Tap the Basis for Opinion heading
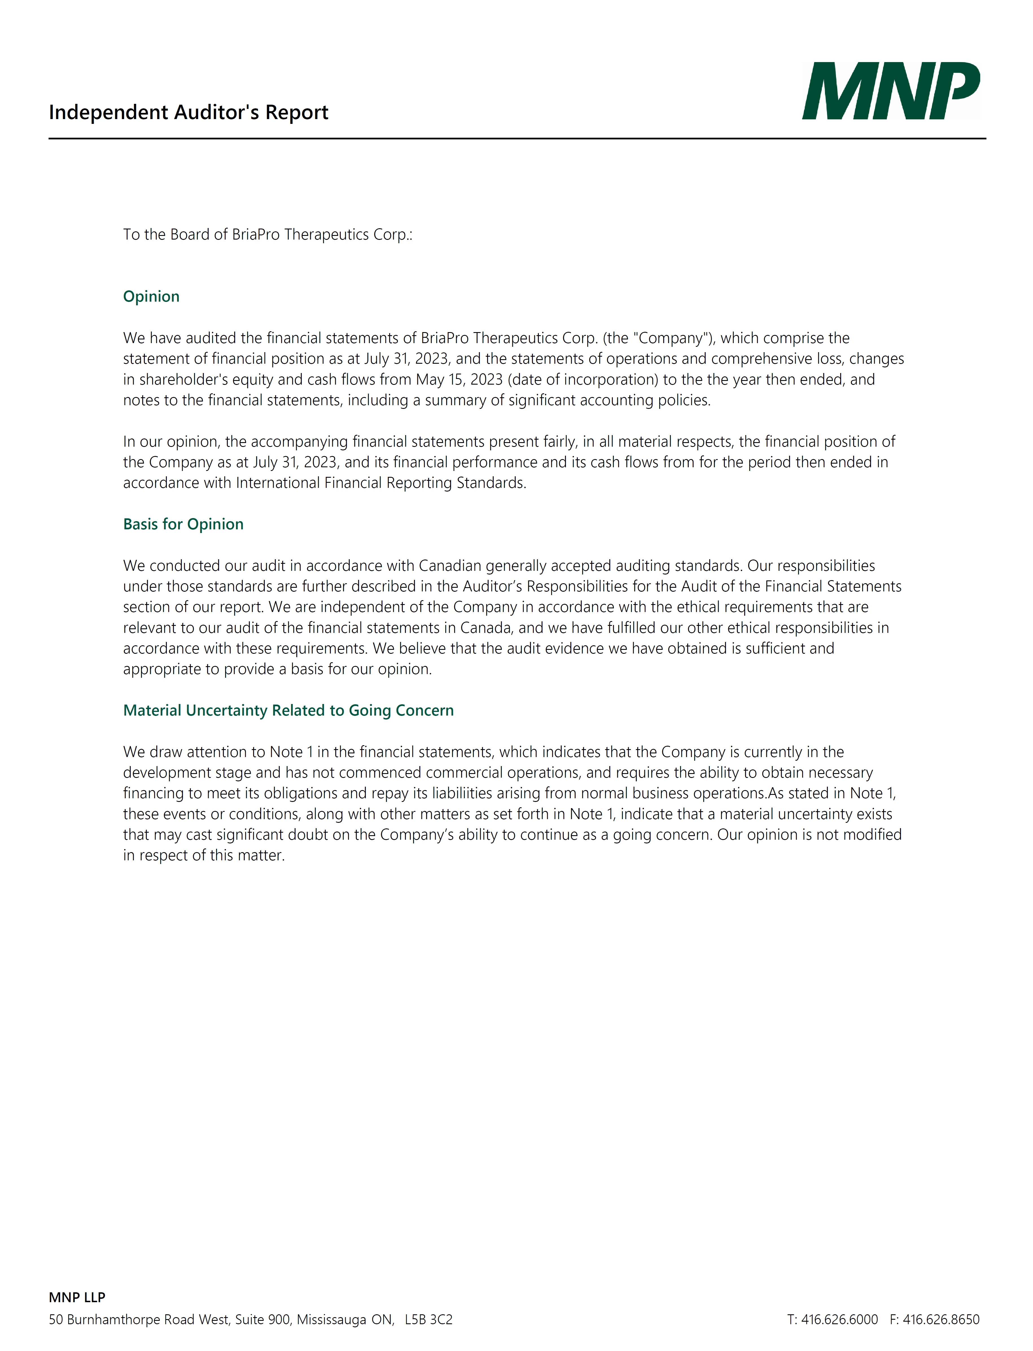(183, 524)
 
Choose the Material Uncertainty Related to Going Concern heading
(288, 710)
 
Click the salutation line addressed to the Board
(268, 235)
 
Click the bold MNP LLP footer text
(77, 1297)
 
